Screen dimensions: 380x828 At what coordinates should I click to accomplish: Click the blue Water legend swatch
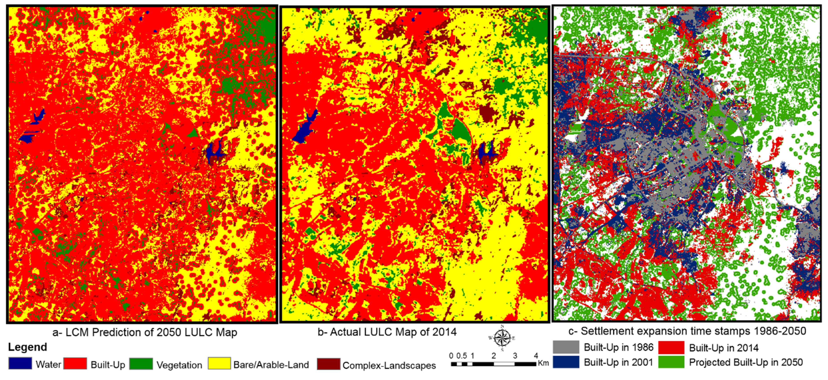click(20, 363)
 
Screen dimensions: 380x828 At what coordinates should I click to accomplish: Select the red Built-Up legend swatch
click(75, 363)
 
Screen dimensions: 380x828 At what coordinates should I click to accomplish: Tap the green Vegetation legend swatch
click(141, 364)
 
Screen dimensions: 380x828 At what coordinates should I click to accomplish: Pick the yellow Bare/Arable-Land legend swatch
click(219, 364)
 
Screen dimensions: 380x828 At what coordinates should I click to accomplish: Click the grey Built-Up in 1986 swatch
click(566, 347)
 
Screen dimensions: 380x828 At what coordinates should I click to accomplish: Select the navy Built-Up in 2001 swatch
click(566, 362)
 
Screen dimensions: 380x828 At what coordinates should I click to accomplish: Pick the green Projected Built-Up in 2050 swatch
click(671, 362)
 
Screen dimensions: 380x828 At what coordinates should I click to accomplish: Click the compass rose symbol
click(502, 338)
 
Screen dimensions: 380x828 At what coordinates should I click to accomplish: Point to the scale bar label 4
click(536, 356)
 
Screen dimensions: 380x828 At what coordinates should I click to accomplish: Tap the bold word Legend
click(28, 347)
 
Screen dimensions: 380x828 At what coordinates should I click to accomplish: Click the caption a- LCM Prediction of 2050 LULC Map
click(145, 332)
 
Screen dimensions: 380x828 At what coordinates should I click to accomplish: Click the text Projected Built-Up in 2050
click(746, 362)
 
